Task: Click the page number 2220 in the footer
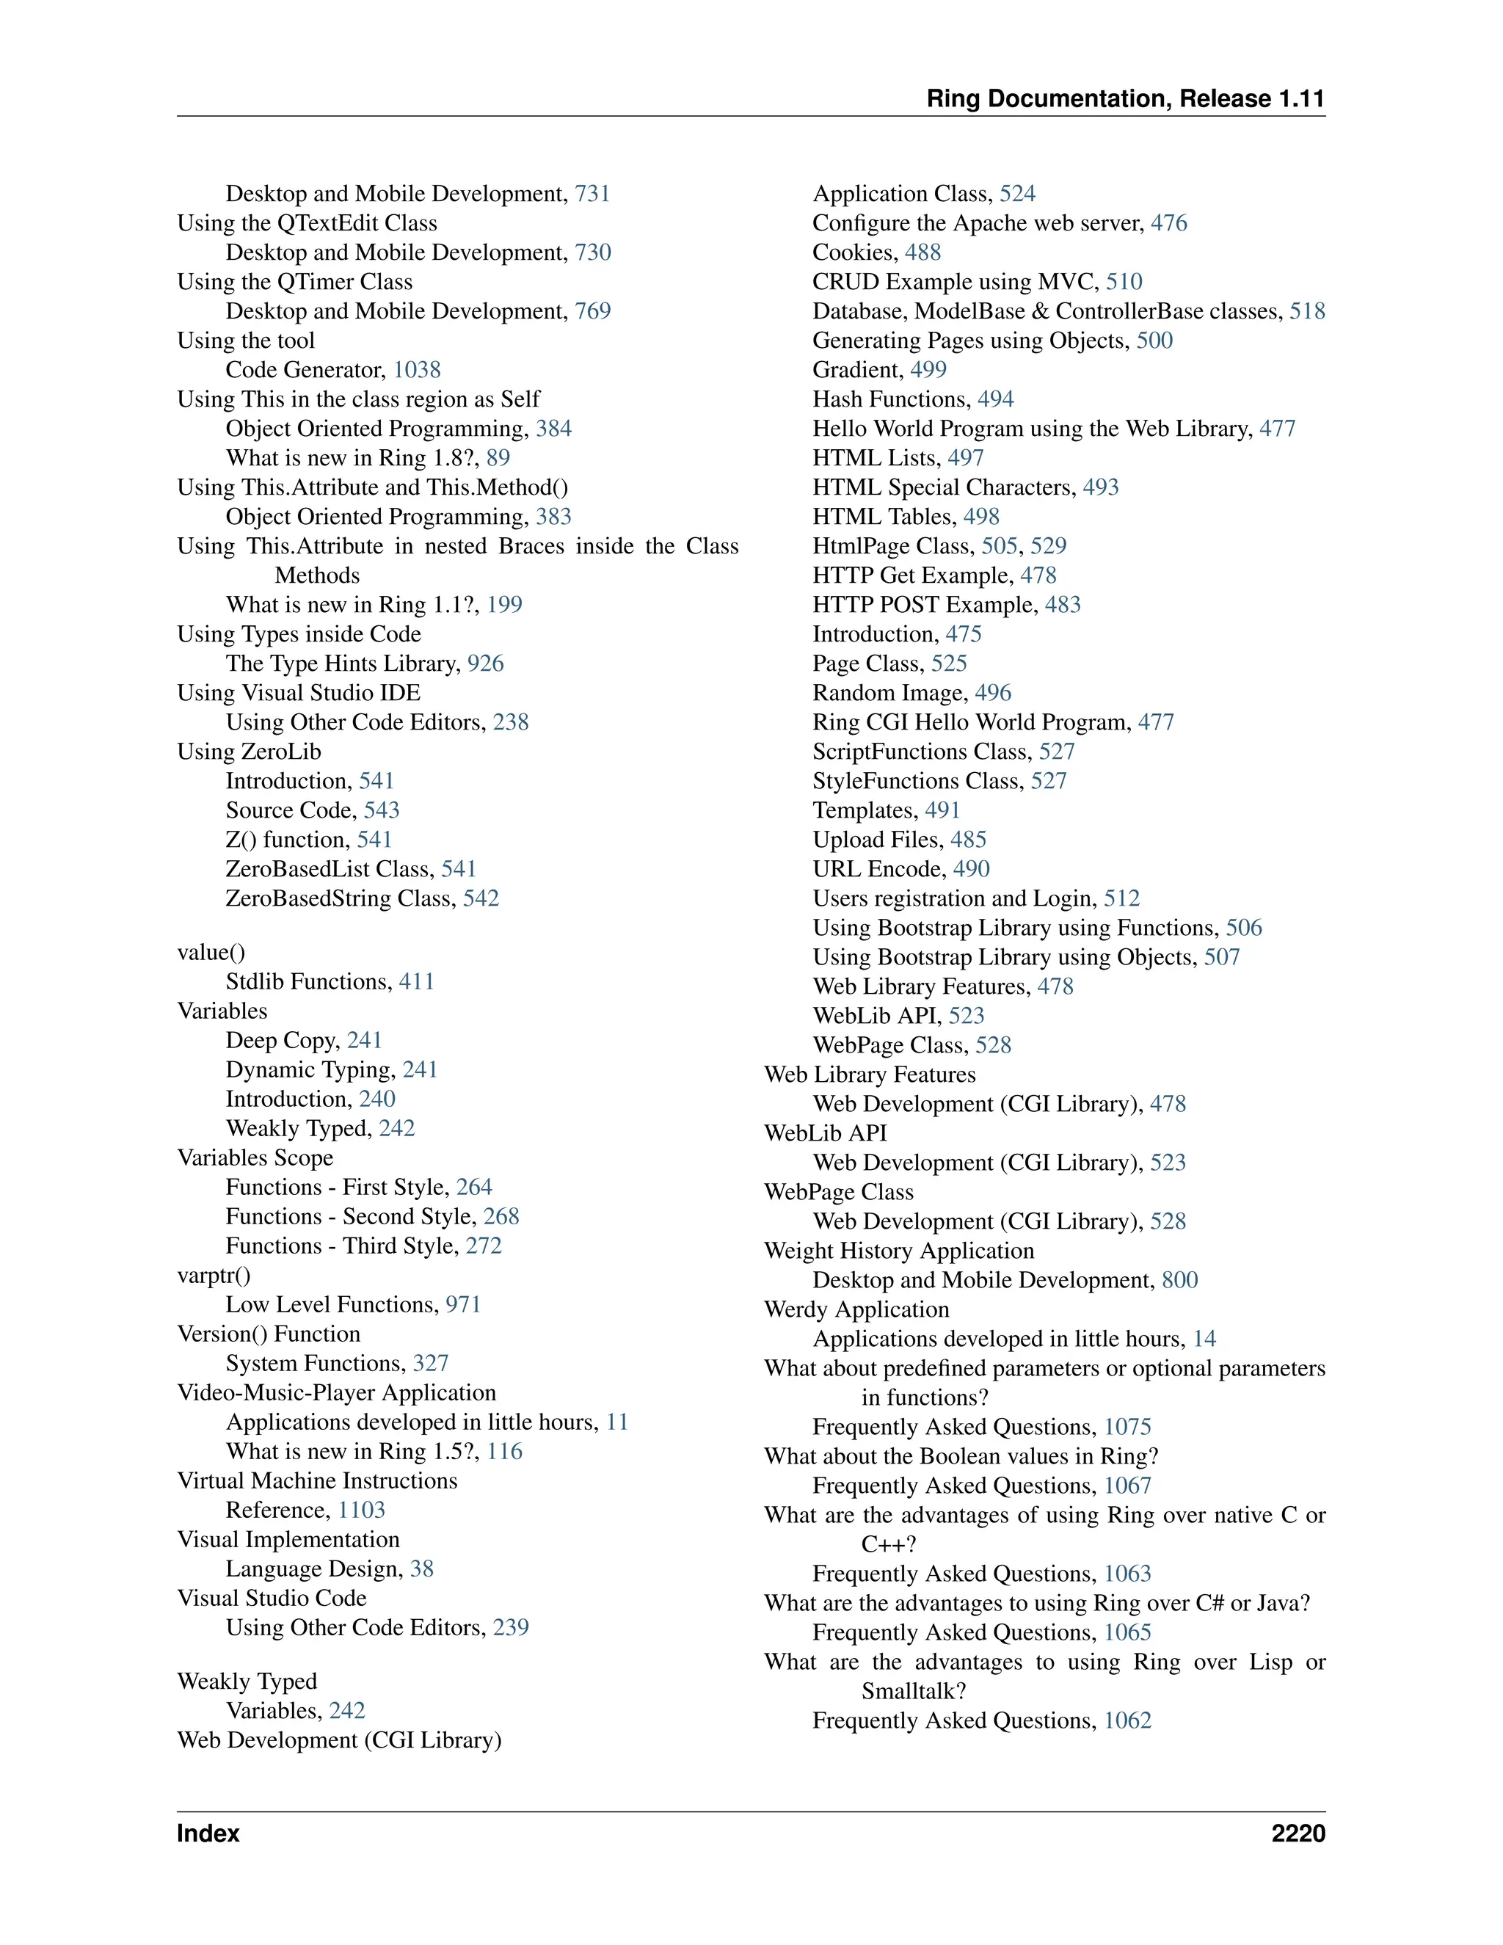tap(1298, 1833)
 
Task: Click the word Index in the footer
tap(208, 1833)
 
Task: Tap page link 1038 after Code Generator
tap(417, 370)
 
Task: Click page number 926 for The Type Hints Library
tap(485, 664)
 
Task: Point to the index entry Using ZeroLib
tap(250, 752)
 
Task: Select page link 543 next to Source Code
tap(381, 810)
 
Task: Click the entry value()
tap(211, 952)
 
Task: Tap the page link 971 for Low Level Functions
tap(463, 1305)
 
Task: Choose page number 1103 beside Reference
tap(362, 1510)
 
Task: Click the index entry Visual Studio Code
tap(272, 1599)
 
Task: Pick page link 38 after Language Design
tap(421, 1569)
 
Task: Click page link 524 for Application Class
tap(1018, 194)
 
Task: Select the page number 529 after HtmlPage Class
tap(1048, 546)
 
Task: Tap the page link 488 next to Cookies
tap(922, 253)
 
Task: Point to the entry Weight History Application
tap(898, 1251)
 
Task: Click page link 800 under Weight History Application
tap(1180, 1281)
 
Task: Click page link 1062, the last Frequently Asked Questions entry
tap(1127, 1720)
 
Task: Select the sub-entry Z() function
tap(288, 840)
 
